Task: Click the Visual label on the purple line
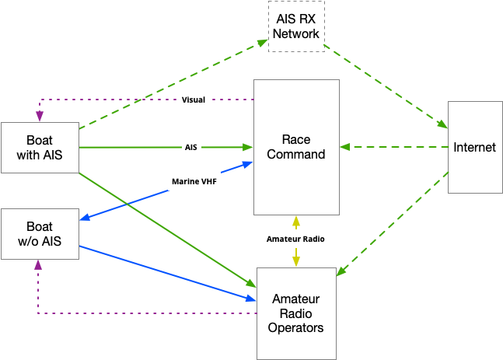click(x=194, y=100)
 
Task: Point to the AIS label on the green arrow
click(x=191, y=147)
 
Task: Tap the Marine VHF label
click(x=194, y=182)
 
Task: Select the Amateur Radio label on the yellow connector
click(x=295, y=239)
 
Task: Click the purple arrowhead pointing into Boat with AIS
click(x=40, y=116)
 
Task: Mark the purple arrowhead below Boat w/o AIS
click(x=38, y=264)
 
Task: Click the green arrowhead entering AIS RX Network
click(x=262, y=42)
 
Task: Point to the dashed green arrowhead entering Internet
click(x=442, y=124)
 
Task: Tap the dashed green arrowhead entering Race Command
click(x=345, y=147)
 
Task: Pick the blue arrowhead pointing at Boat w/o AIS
click(x=85, y=217)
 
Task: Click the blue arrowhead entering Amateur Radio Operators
click(x=251, y=299)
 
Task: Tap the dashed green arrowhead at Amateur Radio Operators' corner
click(x=341, y=271)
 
